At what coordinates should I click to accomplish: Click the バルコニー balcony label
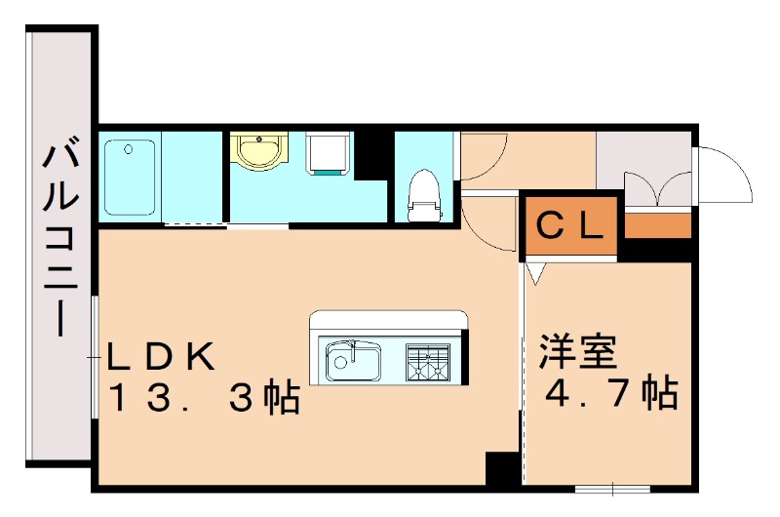point(60,239)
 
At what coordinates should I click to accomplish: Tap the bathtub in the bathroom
point(129,177)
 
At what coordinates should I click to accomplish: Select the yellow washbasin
point(258,152)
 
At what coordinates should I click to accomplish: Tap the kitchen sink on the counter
point(353,360)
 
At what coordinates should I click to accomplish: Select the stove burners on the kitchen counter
point(429,361)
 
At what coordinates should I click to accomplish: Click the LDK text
point(161,356)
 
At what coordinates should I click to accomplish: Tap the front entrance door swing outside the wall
point(726,176)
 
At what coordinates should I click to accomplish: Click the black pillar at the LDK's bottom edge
point(502,469)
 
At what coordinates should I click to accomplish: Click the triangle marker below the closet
point(534,273)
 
